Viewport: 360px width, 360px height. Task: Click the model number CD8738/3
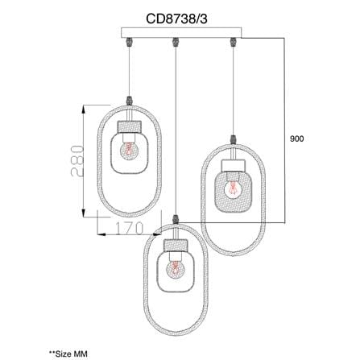[176, 19]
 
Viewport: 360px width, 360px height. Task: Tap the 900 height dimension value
[297, 139]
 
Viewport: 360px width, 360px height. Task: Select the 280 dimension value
[77, 161]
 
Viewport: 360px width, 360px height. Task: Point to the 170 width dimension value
[130, 228]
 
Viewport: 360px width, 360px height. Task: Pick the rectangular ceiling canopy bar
[181, 33]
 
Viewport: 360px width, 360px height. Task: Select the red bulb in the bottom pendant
[175, 269]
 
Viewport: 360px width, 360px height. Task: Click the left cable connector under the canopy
[130, 42]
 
